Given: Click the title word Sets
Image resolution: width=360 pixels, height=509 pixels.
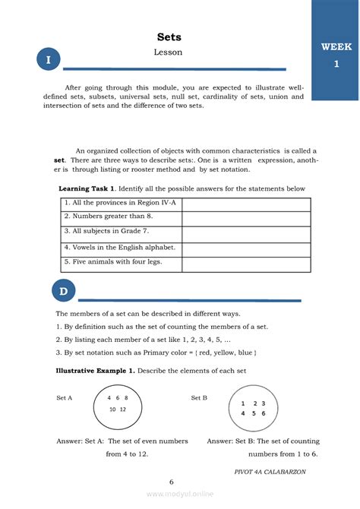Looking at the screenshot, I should pyautogui.click(x=169, y=37).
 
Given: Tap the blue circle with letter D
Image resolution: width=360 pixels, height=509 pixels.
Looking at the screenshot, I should pyautogui.click(x=64, y=292).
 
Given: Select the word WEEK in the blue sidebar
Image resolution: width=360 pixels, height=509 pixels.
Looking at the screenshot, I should pyautogui.click(x=336, y=47).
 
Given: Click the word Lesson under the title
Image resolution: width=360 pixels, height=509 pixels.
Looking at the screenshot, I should pyautogui.click(x=169, y=52).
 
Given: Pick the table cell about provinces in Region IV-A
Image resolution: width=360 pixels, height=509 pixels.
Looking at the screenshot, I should pyautogui.click(x=121, y=204).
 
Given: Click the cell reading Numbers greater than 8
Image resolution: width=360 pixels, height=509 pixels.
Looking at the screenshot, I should pyautogui.click(x=121, y=218).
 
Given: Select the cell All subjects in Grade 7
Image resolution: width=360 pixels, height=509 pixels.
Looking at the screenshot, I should pyautogui.click(x=121, y=232).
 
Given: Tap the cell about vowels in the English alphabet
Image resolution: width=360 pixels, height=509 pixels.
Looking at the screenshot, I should pyautogui.click(x=121, y=248).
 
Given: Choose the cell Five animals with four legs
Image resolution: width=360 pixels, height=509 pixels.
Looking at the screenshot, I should pyautogui.click(x=121, y=263).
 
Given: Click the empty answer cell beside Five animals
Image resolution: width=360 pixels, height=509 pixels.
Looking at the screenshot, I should pyautogui.click(x=246, y=263).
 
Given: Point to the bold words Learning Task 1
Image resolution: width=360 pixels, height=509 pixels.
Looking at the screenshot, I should pyautogui.click(x=87, y=188).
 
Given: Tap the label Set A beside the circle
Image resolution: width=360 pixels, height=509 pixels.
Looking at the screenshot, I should pyautogui.click(x=65, y=398).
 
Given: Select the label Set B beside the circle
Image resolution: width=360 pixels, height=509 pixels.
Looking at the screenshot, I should pyautogui.click(x=199, y=398).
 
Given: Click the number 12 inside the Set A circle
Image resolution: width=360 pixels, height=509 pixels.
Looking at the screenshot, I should pyautogui.click(x=122, y=409).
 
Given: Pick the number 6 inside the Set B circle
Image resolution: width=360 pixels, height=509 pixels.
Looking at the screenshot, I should pyautogui.click(x=263, y=414).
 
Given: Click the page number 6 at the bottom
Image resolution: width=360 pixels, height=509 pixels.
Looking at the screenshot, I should pyautogui.click(x=172, y=482).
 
